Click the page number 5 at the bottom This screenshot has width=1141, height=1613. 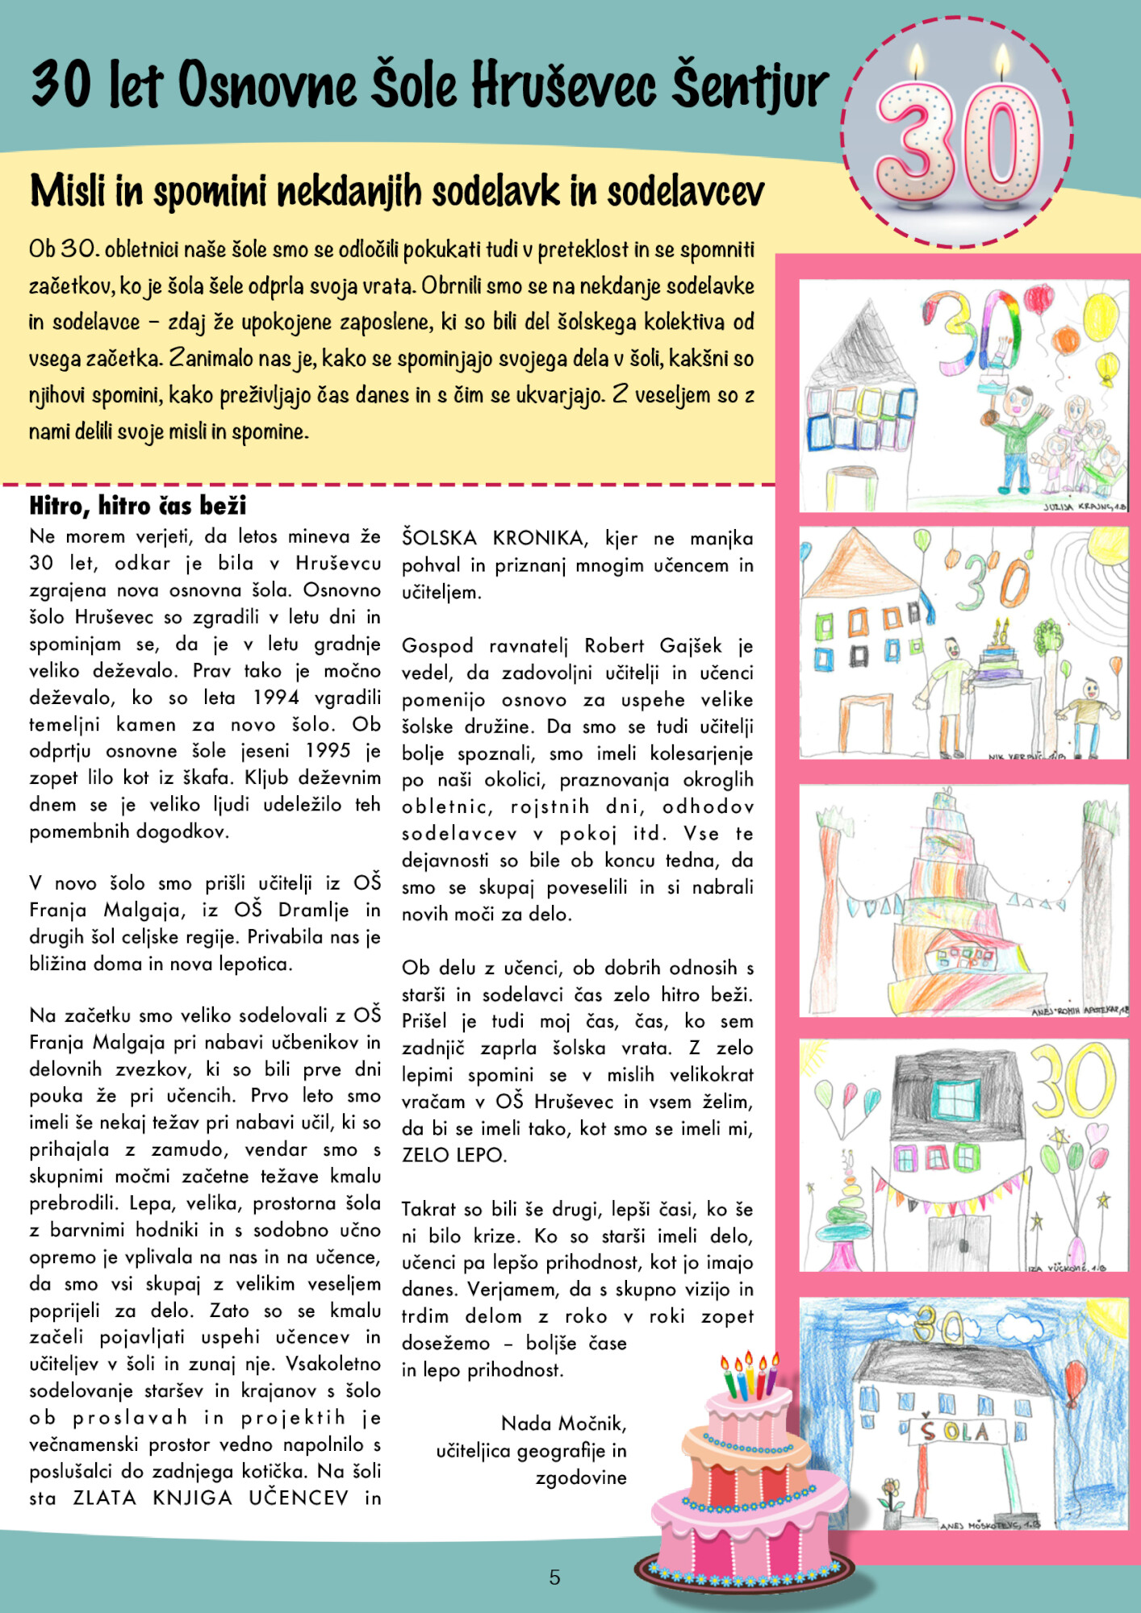[554, 1578]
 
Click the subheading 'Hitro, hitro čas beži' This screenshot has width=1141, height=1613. [137, 506]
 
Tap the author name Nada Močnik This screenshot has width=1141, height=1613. [563, 1423]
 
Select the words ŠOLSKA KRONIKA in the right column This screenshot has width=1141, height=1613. [494, 538]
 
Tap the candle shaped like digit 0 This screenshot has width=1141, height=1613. [1003, 141]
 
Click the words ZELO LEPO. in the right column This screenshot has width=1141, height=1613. [454, 1155]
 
